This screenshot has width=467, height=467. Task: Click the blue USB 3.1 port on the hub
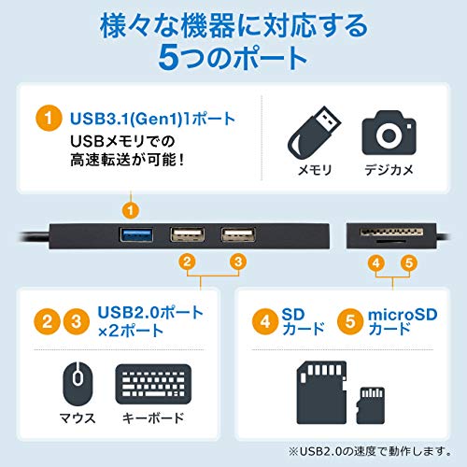click(136, 234)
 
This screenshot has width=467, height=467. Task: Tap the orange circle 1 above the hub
click(131, 210)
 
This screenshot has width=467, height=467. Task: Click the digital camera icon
click(389, 133)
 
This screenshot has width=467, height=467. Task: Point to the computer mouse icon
click(78, 383)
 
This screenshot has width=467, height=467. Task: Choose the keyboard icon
click(153, 384)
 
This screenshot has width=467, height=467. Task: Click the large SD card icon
click(321, 392)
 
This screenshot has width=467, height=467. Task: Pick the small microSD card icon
click(371, 405)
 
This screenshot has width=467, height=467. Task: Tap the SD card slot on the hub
click(391, 232)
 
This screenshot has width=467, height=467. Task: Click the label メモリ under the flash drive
click(315, 170)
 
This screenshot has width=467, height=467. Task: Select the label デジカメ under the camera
click(389, 170)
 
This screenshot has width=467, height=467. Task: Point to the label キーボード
click(153, 418)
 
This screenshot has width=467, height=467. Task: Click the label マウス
click(78, 418)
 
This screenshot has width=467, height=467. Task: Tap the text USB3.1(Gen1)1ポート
click(152, 119)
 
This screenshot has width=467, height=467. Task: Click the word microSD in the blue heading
click(403, 315)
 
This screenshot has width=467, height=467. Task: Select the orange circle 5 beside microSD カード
click(350, 321)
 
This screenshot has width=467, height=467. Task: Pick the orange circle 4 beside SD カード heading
click(265, 321)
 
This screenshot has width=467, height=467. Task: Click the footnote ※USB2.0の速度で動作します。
click(370, 451)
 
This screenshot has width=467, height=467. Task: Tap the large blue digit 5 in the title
click(170, 58)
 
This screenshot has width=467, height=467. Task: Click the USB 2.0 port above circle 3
click(238, 234)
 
